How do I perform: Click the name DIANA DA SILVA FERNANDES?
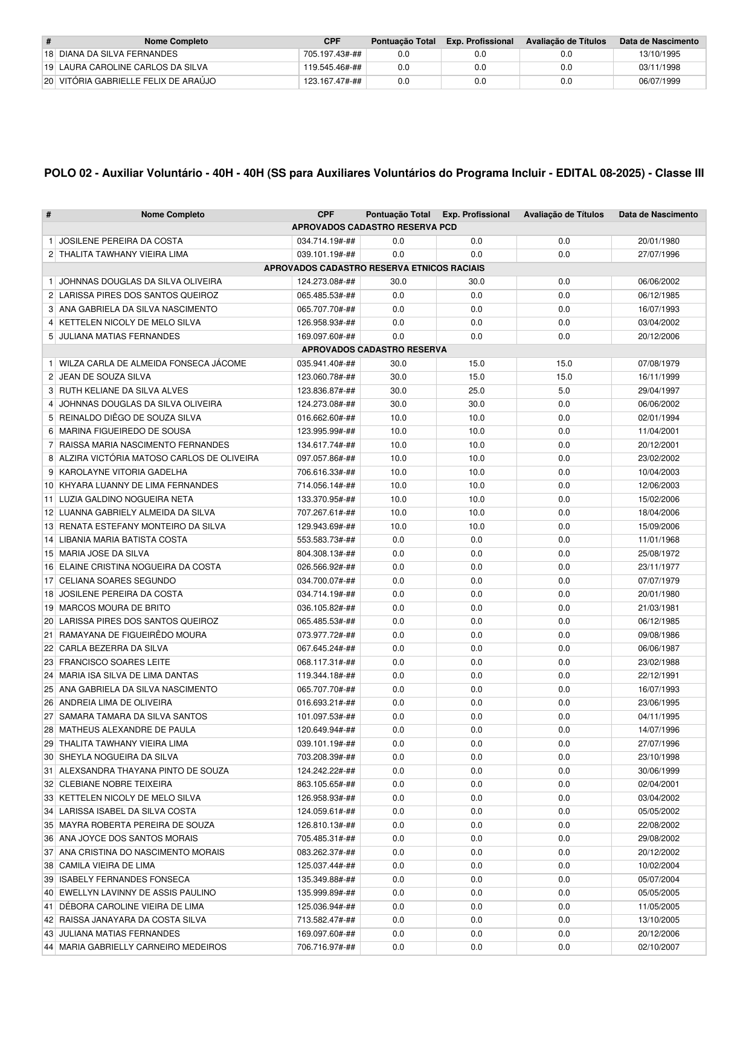click(118, 54)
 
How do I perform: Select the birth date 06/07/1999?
click(659, 81)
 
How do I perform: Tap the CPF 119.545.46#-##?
click(332, 68)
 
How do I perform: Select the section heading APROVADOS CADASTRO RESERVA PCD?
click(374, 227)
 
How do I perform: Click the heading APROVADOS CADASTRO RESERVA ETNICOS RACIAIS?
click(374, 268)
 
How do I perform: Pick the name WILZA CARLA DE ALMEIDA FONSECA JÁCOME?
click(153, 364)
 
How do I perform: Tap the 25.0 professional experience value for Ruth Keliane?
click(476, 391)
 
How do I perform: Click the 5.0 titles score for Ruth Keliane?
click(564, 391)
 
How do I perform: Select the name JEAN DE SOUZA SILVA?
click(105, 377)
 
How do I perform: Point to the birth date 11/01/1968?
click(658, 540)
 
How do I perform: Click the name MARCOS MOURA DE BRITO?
click(115, 608)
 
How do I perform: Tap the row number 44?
click(49, 947)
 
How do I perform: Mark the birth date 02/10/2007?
click(658, 947)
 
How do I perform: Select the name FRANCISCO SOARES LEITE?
click(115, 663)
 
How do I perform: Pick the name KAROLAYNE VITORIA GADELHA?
click(123, 472)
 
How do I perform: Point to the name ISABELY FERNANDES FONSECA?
click(124, 880)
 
